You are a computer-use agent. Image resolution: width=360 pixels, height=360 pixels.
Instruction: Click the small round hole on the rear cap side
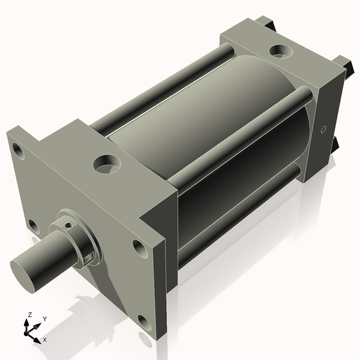pyautogui.click(x=323, y=129)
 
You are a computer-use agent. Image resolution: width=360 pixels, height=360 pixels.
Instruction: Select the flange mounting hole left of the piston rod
pyautogui.click(x=34, y=226)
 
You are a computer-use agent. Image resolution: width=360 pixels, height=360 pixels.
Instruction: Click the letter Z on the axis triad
pyautogui.click(x=29, y=315)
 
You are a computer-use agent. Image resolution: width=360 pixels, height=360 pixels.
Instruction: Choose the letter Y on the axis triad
pyautogui.click(x=44, y=320)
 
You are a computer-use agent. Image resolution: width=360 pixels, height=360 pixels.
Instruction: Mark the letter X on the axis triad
pyautogui.click(x=44, y=340)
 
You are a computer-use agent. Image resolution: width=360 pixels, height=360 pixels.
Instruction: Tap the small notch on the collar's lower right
pyautogui.click(x=89, y=257)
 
